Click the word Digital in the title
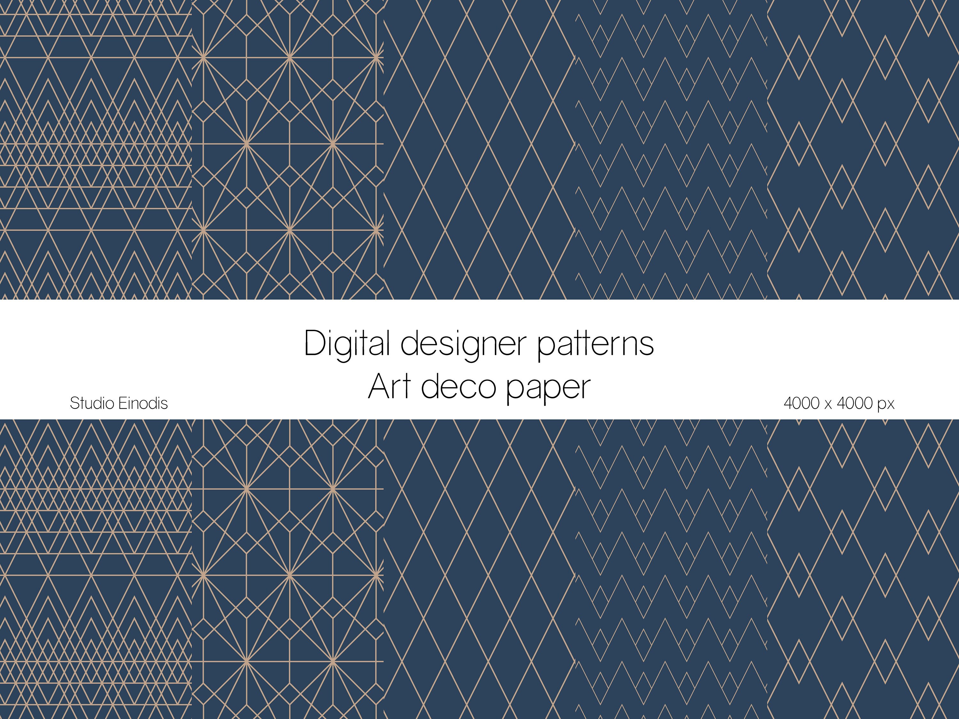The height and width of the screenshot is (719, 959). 347,343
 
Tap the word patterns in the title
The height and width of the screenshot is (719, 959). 595,343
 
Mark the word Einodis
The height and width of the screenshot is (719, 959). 143,404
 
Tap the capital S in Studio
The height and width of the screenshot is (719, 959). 74,404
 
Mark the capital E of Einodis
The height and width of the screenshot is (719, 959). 122,404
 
